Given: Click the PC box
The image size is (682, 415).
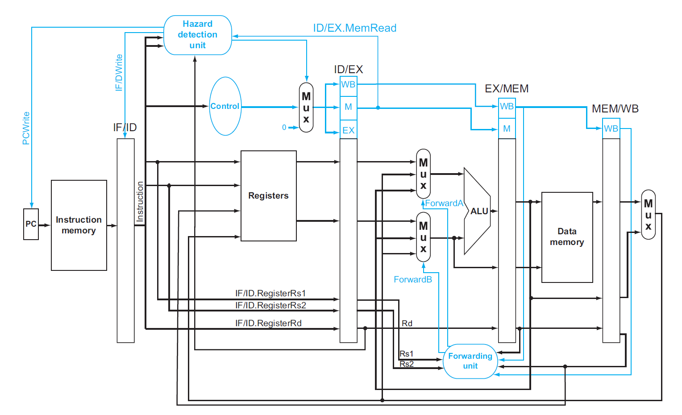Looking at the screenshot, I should (31, 224).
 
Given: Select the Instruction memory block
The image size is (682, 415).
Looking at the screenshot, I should (79, 225).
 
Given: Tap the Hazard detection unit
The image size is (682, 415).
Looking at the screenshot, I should (198, 35).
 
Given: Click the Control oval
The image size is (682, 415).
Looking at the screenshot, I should (225, 106).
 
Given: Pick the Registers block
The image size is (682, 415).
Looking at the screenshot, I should (268, 196).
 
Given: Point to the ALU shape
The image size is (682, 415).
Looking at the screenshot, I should (478, 211).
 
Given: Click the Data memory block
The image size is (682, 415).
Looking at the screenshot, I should (567, 237).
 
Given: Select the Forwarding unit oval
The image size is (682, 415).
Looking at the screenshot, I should (470, 361).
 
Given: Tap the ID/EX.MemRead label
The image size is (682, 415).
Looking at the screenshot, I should (354, 28).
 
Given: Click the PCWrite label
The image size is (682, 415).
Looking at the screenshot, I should (26, 128).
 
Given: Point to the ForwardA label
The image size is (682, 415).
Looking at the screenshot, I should (444, 203).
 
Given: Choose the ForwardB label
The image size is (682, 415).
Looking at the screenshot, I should (413, 280).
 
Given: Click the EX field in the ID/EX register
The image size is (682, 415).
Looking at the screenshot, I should (349, 130).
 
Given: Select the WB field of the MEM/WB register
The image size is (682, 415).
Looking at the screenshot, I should (611, 129).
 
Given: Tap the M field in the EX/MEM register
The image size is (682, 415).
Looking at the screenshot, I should (507, 129).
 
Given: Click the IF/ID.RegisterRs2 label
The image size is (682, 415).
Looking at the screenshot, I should (270, 306).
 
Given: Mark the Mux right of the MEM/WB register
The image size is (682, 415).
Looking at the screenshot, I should (648, 215).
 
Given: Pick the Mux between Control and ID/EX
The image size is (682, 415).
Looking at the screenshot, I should (306, 108).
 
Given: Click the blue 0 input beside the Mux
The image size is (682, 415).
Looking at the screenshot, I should (284, 128).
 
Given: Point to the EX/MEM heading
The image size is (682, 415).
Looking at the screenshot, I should (507, 89).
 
